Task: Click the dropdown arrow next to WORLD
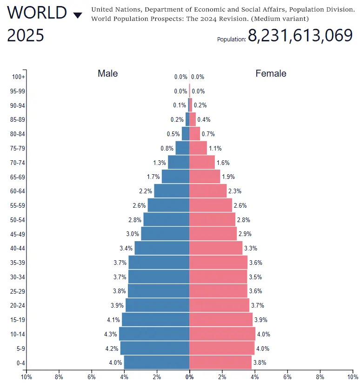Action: (x=78, y=15)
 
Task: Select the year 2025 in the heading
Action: (x=26, y=35)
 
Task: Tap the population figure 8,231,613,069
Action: (x=300, y=36)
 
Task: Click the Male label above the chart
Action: (x=107, y=73)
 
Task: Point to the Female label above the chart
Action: (x=271, y=73)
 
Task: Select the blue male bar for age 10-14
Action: (x=154, y=334)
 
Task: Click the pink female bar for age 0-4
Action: (x=220, y=362)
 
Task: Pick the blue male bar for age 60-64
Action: (x=172, y=191)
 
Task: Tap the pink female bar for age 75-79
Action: (x=198, y=148)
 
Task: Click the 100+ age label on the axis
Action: (x=19, y=77)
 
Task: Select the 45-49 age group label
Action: (x=18, y=234)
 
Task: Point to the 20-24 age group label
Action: (x=18, y=306)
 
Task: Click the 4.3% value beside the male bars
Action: (x=111, y=334)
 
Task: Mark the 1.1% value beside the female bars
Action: (x=215, y=149)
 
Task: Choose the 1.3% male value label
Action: (x=160, y=163)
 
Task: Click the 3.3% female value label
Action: (x=250, y=249)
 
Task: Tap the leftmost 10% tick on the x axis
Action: (x=26, y=377)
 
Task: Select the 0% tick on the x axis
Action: (x=189, y=377)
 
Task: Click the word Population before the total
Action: (x=231, y=39)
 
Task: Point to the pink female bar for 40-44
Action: (x=216, y=248)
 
